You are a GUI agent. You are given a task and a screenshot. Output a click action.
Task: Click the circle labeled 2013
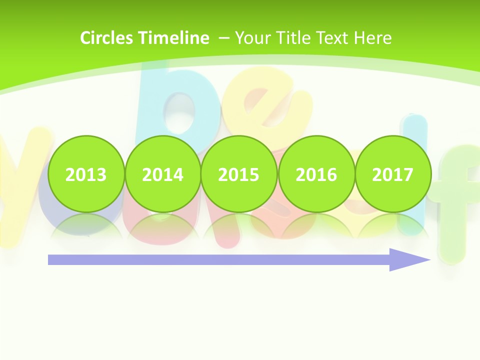(86, 174)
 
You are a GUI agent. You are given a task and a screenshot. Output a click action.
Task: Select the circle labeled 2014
(162, 174)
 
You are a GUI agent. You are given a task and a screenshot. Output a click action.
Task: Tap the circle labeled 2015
(239, 174)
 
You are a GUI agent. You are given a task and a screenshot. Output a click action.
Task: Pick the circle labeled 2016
(316, 174)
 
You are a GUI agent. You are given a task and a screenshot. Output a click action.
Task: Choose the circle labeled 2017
(392, 174)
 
